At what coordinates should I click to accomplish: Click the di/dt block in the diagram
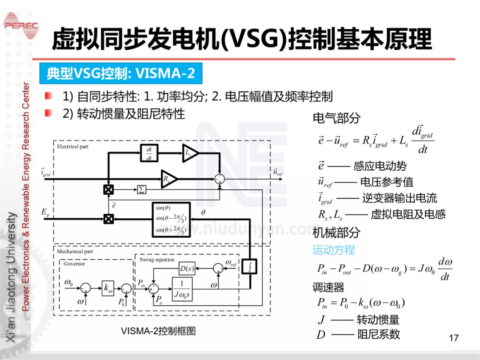click(149, 153)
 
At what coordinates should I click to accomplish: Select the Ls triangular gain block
click(190, 153)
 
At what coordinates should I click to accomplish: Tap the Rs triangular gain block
click(168, 179)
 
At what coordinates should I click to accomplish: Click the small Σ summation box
click(141, 190)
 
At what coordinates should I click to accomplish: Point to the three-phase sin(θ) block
click(171, 219)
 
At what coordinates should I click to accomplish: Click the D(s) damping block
click(187, 268)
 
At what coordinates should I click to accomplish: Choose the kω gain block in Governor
click(108, 288)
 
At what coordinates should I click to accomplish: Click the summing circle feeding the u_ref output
click(219, 179)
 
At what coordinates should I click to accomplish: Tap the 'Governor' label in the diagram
click(74, 264)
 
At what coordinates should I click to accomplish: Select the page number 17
click(453, 338)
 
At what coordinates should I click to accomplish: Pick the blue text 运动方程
click(333, 250)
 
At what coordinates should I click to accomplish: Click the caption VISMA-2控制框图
click(158, 331)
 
